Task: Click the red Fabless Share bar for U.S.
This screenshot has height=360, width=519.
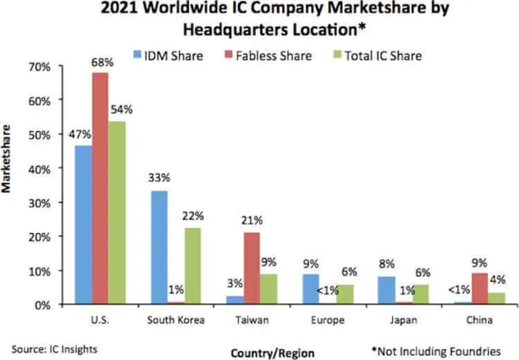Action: (100, 188)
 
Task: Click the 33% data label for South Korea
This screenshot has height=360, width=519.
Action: (159, 177)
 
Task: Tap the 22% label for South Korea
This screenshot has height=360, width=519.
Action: (193, 216)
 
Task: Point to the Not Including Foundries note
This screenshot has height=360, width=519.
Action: (435, 350)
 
